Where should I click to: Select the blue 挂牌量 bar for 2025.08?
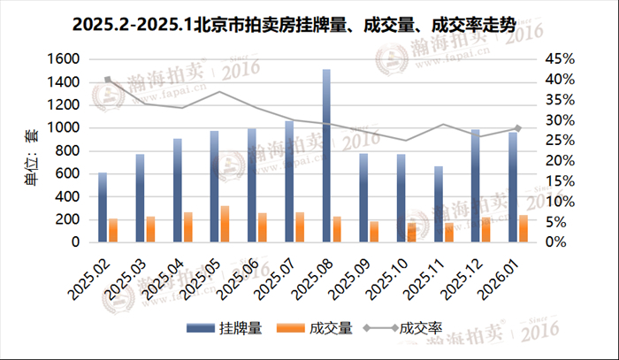pyautogui.click(x=326, y=156)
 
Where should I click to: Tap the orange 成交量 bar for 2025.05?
pyautogui.click(x=225, y=224)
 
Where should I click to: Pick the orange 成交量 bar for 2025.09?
pyautogui.click(x=375, y=232)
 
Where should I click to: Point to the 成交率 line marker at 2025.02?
pyautogui.click(x=108, y=80)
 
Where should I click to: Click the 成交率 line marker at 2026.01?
pyautogui.click(x=517, y=128)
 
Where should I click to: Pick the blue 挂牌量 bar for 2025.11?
pyautogui.click(x=438, y=204)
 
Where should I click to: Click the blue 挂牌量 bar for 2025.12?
pyautogui.click(x=475, y=186)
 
